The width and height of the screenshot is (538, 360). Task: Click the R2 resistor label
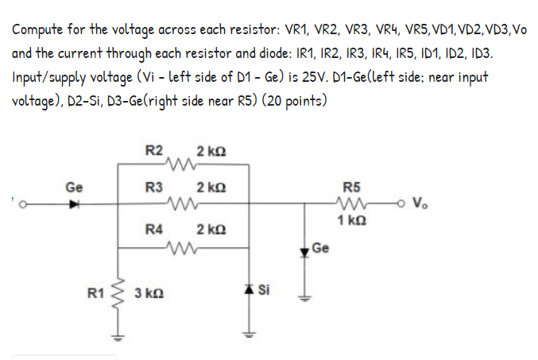[x=155, y=150]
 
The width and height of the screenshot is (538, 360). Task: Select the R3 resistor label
[x=155, y=188]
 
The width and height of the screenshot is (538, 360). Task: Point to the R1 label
[x=95, y=296]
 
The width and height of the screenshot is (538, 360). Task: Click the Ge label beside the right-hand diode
[x=320, y=247]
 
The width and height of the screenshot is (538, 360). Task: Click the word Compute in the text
[x=39, y=30]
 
